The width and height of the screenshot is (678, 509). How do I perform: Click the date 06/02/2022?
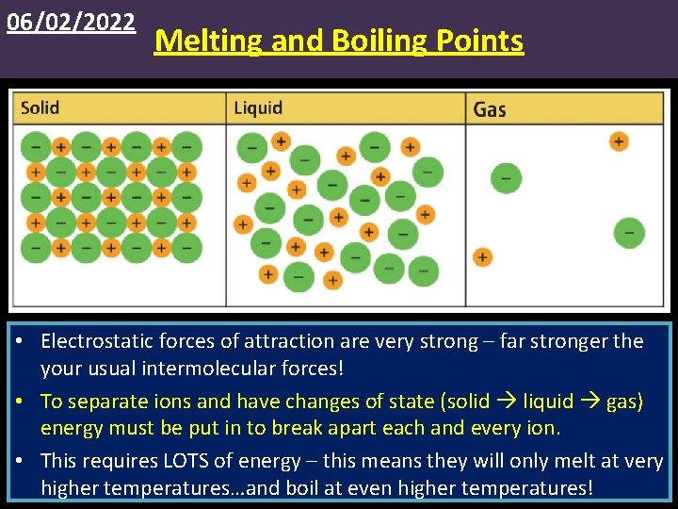[x=71, y=22]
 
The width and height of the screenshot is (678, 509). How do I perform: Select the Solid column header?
[x=40, y=107]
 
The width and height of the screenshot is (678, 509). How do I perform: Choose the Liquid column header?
[x=257, y=107]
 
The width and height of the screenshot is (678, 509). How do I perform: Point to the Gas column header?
[x=490, y=109]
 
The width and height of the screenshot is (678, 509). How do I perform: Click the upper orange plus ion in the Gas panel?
[x=618, y=141]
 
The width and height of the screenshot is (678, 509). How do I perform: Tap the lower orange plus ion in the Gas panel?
[x=482, y=256]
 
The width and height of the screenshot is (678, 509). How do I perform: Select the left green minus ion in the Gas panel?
[x=506, y=177]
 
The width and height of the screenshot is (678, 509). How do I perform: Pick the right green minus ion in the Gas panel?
[x=629, y=232]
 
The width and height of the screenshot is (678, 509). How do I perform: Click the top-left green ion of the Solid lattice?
[x=36, y=146]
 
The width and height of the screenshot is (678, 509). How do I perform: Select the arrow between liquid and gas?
[x=589, y=402]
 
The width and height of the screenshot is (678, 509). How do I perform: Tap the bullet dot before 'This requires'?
[x=22, y=462]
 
